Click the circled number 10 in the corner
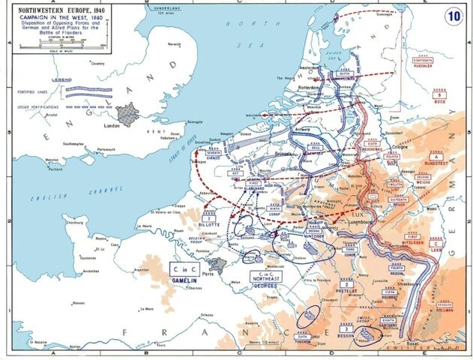pyautogui.click(x=454, y=15)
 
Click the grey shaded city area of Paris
pyautogui.click(x=217, y=264)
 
